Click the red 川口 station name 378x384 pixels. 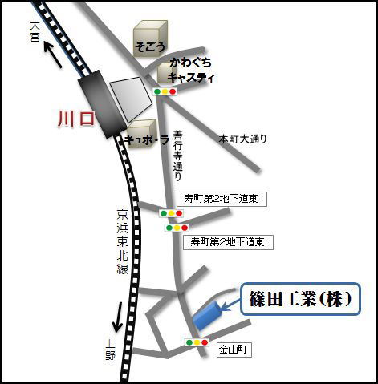pos(76,119)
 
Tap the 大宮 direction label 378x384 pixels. pos(35,32)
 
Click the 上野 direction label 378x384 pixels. pos(110,350)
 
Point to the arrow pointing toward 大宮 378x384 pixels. pos(53,55)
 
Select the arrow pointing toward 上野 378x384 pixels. pos(118,317)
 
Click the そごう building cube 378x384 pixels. pos(150,38)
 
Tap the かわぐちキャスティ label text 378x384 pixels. pos(191,71)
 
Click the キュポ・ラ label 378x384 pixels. pos(147,140)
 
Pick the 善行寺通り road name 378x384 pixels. pos(177,156)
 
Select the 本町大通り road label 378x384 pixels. pos(243,139)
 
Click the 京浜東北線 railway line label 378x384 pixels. pos(122,241)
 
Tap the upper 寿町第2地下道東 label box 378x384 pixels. pos(222,199)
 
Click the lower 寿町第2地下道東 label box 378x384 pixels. pos(228,242)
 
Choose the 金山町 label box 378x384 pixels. pos(234,350)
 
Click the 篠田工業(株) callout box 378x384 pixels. pos(300,299)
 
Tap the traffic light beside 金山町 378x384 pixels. pos(197,342)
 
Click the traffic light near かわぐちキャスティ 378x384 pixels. pos(165,91)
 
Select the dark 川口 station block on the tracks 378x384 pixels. pos(102,104)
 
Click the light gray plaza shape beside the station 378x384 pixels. pos(131,99)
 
